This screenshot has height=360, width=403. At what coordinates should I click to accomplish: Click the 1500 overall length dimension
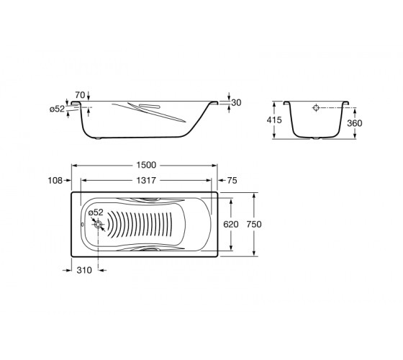(x=146, y=165)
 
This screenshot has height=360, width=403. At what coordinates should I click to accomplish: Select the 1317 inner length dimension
(x=146, y=181)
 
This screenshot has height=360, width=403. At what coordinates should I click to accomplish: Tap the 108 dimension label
(x=55, y=181)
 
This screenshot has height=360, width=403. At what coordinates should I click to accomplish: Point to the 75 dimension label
(x=232, y=181)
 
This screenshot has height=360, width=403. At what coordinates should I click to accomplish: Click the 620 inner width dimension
(x=231, y=224)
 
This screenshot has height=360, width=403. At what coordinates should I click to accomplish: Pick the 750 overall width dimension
(x=254, y=224)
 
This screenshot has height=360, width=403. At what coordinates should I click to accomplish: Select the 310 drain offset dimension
(x=84, y=270)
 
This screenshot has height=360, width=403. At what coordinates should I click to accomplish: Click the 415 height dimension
(x=274, y=120)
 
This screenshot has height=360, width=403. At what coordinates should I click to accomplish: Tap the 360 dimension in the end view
(x=355, y=123)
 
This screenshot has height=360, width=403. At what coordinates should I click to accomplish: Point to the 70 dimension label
(x=80, y=95)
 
